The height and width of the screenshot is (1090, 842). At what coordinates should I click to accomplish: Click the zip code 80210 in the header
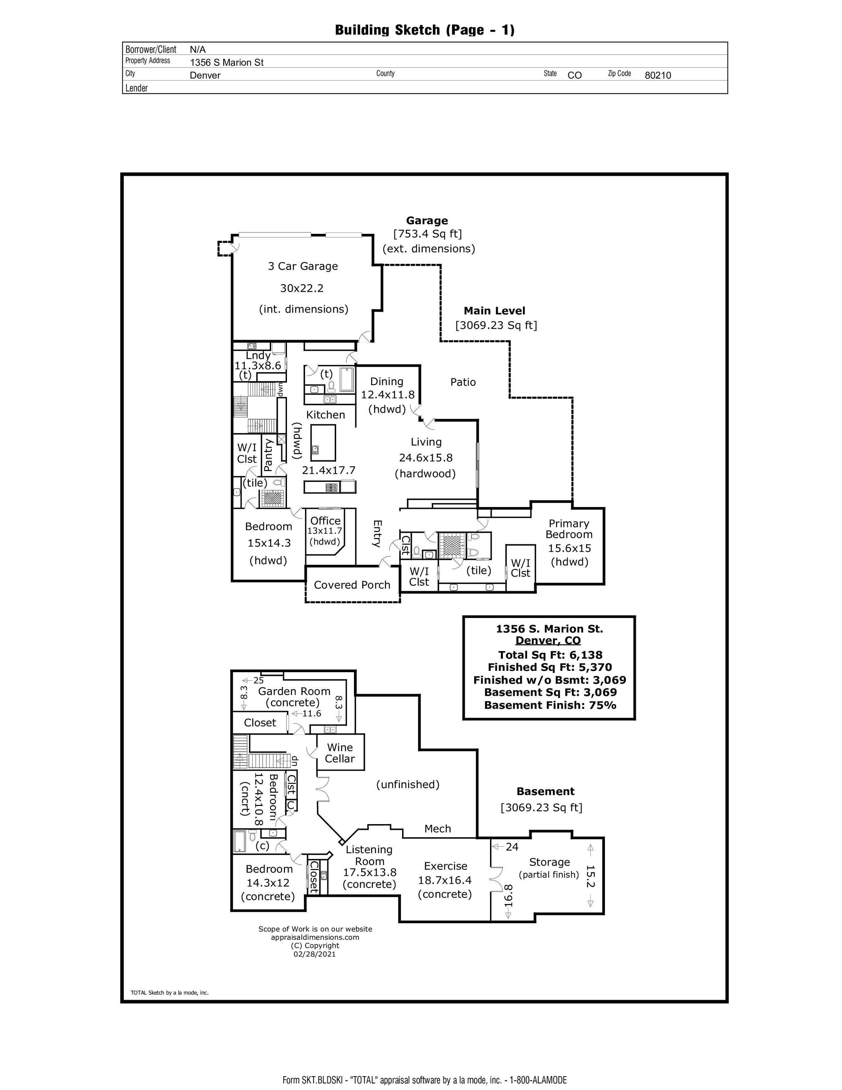tap(657, 75)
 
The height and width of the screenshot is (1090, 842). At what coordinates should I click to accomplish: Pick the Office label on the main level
tap(325, 521)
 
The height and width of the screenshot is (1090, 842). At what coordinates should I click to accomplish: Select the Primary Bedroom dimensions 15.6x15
tap(569, 548)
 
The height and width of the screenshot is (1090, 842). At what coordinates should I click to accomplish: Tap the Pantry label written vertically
tap(268, 455)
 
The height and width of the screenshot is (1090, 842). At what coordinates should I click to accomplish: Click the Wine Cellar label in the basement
tap(340, 753)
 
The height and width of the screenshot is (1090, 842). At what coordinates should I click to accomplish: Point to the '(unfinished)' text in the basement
tap(408, 784)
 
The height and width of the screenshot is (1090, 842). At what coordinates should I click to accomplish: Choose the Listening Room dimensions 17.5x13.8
tap(369, 872)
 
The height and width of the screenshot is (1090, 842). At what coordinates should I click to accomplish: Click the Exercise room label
tap(446, 866)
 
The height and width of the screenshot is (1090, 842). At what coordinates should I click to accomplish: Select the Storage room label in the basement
tap(549, 862)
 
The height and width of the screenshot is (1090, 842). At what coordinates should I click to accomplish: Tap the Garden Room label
tap(294, 691)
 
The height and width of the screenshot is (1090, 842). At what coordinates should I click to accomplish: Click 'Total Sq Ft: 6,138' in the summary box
tap(550, 655)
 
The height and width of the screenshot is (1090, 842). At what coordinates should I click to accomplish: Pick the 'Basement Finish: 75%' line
tap(550, 705)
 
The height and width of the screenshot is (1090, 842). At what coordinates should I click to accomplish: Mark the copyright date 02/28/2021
tap(315, 954)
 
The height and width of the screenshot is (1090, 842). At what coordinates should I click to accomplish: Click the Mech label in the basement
tap(438, 829)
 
